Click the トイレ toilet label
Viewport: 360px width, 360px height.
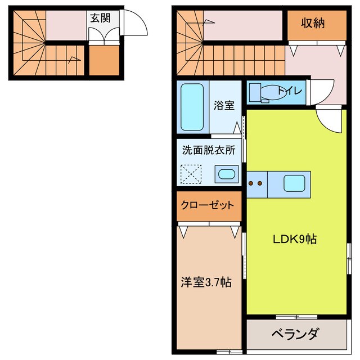point(289,92)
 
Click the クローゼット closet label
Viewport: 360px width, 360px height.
point(207,205)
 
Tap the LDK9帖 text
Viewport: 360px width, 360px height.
point(294,239)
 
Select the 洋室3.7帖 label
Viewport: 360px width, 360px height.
point(206,281)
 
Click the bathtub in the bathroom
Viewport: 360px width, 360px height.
point(192,107)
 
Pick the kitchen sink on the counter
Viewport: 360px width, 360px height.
point(295,183)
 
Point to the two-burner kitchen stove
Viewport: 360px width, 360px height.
point(256,183)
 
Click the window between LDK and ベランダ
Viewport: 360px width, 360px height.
point(296,317)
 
